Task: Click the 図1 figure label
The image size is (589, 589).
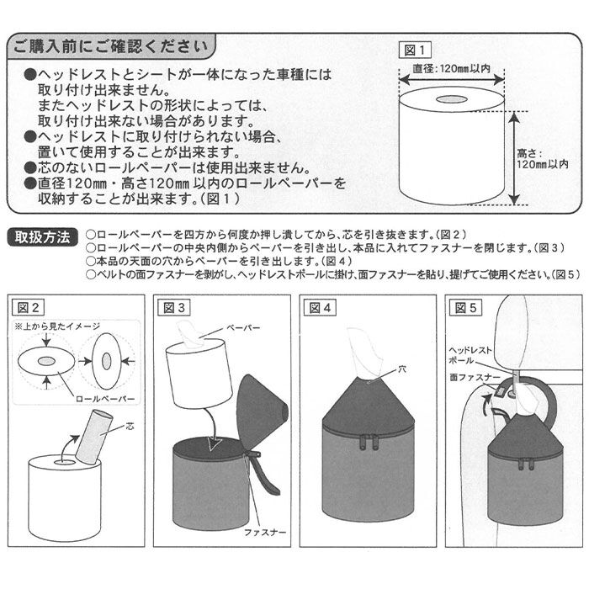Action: [417, 49]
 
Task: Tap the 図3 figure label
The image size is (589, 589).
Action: [175, 307]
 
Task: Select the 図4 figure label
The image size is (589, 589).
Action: [320, 307]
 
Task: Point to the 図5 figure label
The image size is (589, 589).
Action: [465, 307]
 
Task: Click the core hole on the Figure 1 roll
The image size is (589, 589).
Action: [452, 99]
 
